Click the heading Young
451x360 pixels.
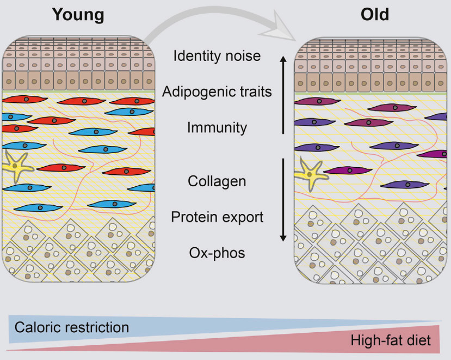click(78, 15)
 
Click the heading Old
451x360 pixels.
click(375, 15)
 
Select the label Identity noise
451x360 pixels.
click(217, 56)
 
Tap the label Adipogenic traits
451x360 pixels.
click(217, 91)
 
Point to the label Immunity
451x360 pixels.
click(217, 127)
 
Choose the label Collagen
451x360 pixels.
click(217, 180)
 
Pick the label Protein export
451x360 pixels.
click(217, 217)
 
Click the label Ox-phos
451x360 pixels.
click(217, 253)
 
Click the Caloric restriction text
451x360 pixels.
click(72, 327)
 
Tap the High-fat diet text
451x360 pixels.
click(391, 341)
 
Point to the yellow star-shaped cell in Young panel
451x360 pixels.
click(17, 167)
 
